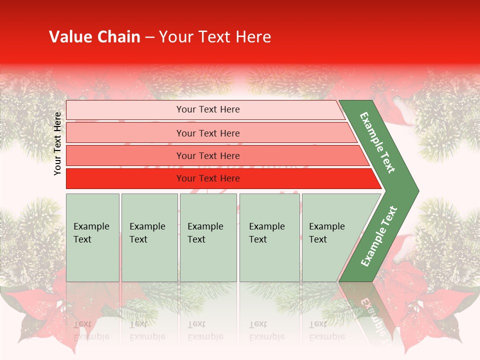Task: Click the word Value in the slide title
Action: click(x=69, y=37)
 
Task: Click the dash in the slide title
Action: click(x=149, y=37)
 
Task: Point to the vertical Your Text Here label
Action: click(x=57, y=143)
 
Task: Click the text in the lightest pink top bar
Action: click(x=208, y=109)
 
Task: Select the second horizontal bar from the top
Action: click(x=208, y=133)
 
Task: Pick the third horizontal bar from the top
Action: click(x=208, y=155)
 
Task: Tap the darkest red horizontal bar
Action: click(x=208, y=178)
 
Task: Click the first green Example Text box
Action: click(x=92, y=237)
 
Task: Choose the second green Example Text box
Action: click(x=149, y=237)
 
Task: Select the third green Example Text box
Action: click(x=208, y=237)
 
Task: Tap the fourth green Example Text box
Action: click(x=269, y=237)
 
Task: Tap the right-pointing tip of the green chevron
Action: click(x=414, y=190)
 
